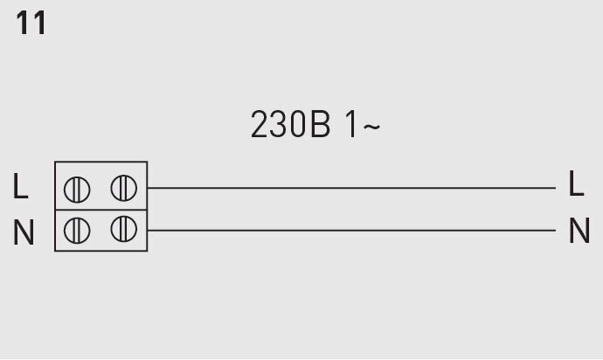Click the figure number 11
pos(31,24)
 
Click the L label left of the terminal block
pos(21,186)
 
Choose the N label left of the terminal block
pos(24,232)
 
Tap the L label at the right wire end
pos(576,184)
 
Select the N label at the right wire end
pos(579,231)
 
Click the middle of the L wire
pos(351,187)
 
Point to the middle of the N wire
pos(351,231)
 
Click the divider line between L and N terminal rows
pos(100,210)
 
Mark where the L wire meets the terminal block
pos(148,187)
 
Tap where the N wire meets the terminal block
pos(148,231)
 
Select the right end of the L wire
pos(555,187)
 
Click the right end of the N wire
pos(555,231)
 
